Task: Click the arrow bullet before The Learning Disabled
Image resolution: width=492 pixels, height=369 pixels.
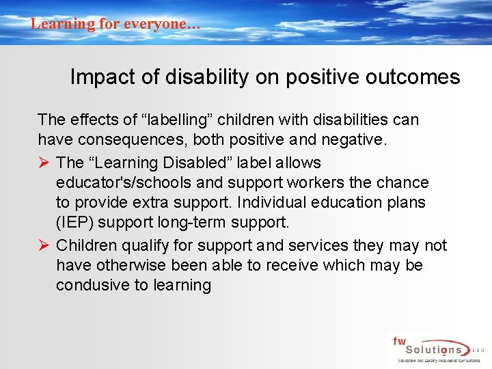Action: click(44, 163)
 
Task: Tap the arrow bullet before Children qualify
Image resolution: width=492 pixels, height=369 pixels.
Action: click(44, 245)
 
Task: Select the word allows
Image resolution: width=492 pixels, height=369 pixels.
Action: click(297, 163)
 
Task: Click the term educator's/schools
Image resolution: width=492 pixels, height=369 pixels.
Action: click(139, 182)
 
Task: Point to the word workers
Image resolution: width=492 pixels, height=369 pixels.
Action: click(320, 182)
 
